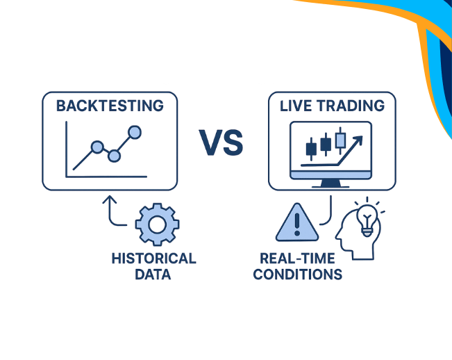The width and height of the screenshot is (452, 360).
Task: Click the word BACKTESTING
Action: coord(110,106)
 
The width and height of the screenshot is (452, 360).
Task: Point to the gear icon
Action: coord(157,224)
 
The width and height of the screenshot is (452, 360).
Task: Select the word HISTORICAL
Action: coord(153,259)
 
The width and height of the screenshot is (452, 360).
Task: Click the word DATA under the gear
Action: coord(153,275)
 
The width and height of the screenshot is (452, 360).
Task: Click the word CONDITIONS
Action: coord(297,275)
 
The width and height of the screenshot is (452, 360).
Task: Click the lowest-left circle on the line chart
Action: coord(97,147)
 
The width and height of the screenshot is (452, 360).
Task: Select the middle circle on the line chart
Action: coord(115,156)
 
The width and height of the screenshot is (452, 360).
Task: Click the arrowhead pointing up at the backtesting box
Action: coord(108,199)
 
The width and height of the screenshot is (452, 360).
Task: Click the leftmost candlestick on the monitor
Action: coord(311,147)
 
